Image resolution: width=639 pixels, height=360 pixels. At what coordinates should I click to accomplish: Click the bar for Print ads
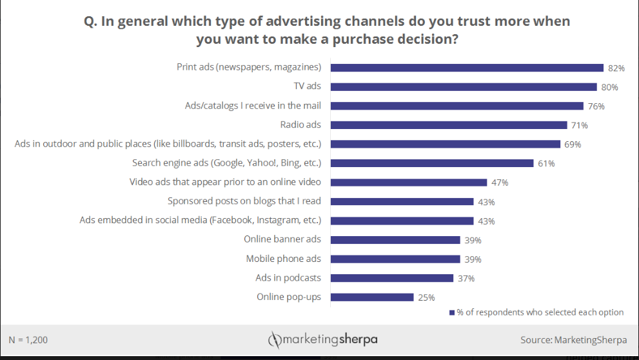point(467,67)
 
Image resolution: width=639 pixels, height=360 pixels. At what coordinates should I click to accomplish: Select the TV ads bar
point(464,86)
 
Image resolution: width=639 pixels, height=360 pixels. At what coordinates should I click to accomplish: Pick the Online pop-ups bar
point(372,297)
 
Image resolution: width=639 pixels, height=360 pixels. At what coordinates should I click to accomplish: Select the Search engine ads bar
point(432,163)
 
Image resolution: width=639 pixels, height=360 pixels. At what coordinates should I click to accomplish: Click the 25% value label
point(426,297)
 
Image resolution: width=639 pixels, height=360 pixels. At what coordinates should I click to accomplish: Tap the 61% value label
point(546,163)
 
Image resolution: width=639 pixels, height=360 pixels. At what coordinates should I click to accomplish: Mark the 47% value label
point(500,183)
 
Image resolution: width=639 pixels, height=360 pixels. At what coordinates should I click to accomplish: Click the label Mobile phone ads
point(283,259)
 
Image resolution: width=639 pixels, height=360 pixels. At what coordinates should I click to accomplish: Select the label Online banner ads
point(282,239)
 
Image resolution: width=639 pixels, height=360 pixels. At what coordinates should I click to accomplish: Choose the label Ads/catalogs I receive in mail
point(253,106)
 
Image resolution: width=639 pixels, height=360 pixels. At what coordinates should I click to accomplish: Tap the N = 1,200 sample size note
point(28,339)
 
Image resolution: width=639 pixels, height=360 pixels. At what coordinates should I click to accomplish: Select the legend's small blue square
point(452,313)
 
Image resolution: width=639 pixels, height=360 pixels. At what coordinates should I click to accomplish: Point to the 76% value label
point(596,106)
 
